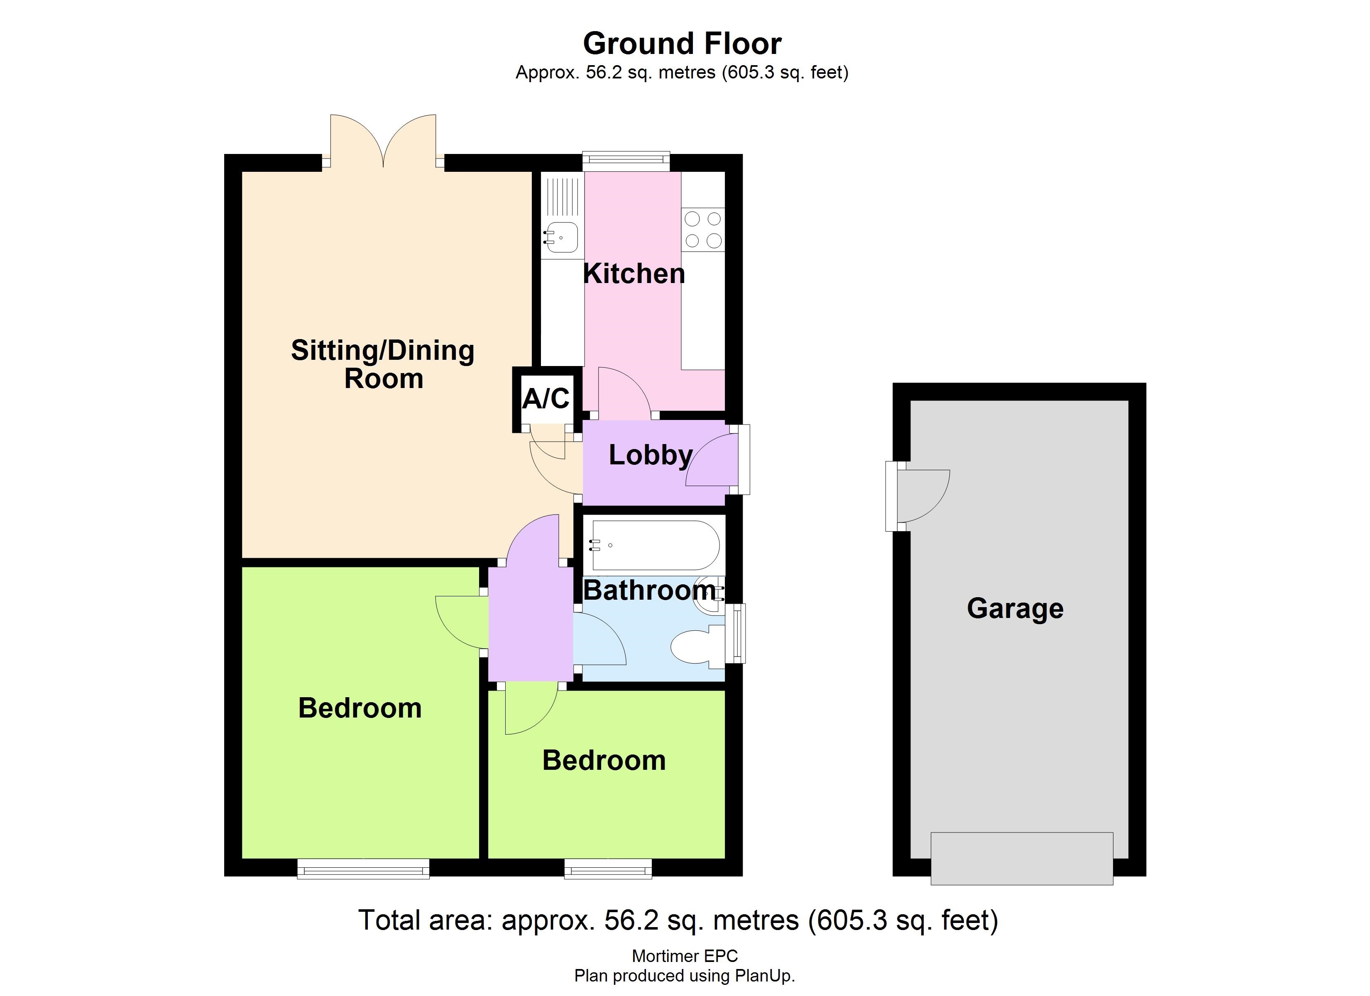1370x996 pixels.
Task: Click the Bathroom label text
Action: [x=649, y=590]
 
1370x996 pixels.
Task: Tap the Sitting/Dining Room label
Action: [x=383, y=364]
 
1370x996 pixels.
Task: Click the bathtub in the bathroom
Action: [x=656, y=545]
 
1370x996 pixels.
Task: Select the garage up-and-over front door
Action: [x=1021, y=858]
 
